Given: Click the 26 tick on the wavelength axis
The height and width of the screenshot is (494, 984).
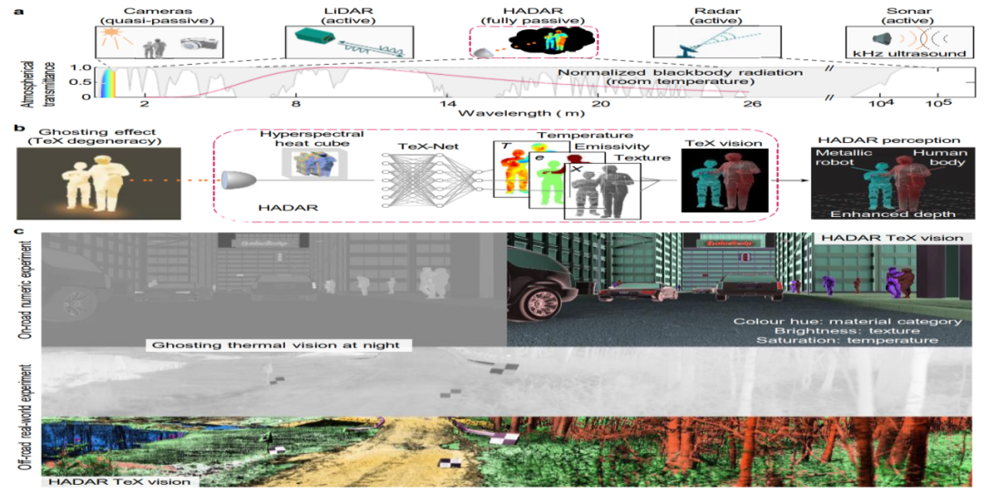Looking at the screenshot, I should (x=752, y=106).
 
